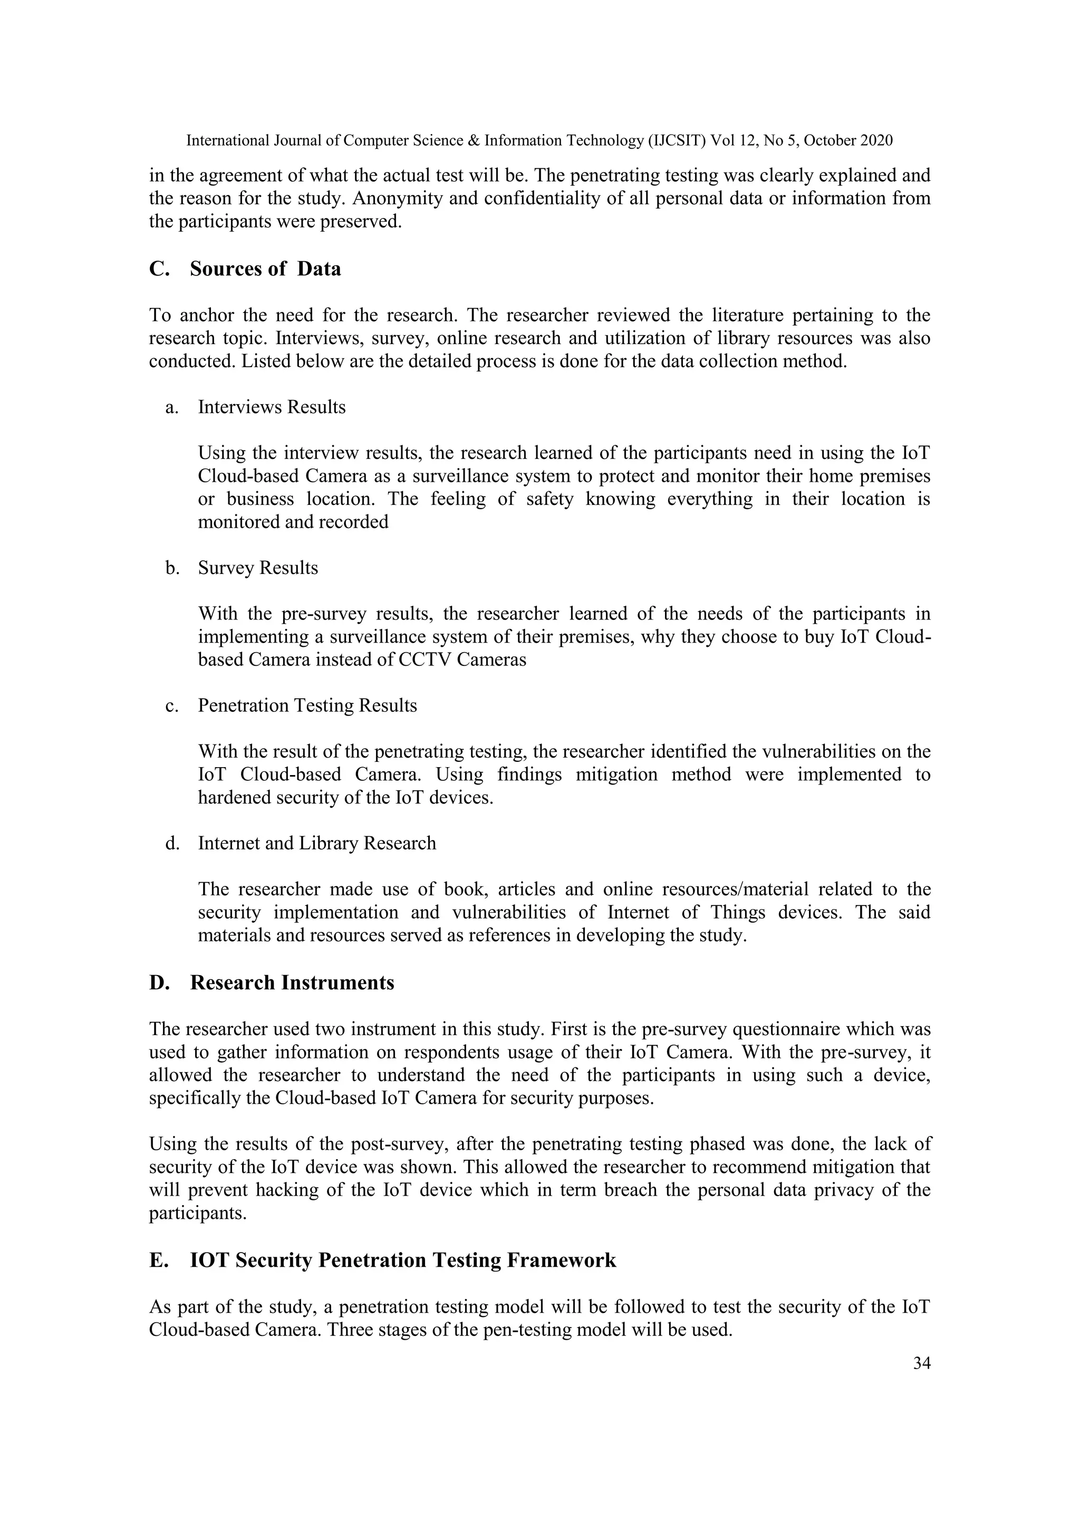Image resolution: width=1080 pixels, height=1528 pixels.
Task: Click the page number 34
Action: click(x=921, y=1363)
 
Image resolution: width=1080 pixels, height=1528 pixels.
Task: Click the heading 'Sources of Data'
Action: click(x=265, y=269)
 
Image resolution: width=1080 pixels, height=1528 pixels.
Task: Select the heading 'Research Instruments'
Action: click(x=292, y=983)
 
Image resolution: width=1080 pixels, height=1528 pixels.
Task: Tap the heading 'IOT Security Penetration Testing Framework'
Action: click(x=403, y=1260)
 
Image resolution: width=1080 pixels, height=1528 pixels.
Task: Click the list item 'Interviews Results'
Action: click(x=272, y=407)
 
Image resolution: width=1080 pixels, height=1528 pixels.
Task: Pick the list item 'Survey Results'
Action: click(x=257, y=568)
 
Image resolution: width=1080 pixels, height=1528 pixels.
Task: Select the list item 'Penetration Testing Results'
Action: click(x=307, y=705)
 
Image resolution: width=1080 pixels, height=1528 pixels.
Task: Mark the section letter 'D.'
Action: click(x=160, y=983)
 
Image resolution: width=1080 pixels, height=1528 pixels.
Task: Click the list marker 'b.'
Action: click(x=172, y=568)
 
